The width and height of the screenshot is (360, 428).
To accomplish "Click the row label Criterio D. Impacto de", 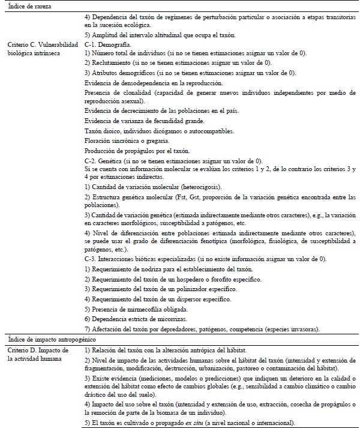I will point(39,349).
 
